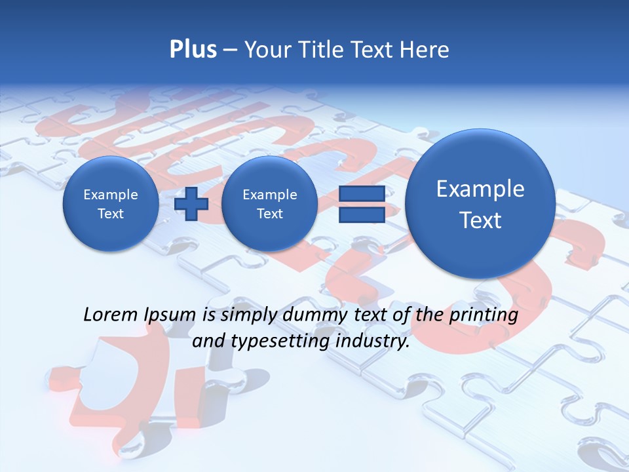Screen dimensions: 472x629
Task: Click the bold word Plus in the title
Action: pos(193,50)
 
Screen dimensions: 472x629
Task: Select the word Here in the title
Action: pos(425,50)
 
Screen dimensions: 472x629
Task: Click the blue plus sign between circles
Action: pos(191,204)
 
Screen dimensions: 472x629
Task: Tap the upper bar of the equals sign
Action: pos(361,193)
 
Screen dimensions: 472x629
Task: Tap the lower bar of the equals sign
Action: pos(361,215)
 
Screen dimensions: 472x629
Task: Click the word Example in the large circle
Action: pos(480,189)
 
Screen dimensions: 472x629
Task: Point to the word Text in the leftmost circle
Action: pos(110,214)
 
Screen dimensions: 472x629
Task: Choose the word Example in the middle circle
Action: pos(269,195)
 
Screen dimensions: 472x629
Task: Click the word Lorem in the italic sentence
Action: pos(111,315)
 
